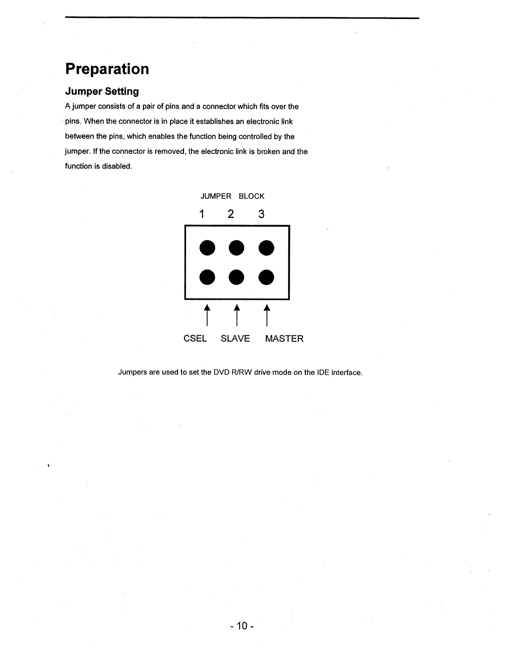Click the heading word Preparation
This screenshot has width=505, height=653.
click(107, 69)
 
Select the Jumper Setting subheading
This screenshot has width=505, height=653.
click(102, 91)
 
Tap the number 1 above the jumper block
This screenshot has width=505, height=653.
click(202, 214)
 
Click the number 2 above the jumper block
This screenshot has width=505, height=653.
click(231, 214)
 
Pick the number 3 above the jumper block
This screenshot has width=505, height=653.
click(261, 214)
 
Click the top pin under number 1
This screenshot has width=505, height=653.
click(207, 247)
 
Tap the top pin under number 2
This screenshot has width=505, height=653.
click(236, 247)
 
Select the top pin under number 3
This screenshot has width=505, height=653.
click(267, 247)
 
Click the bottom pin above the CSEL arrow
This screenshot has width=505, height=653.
click(207, 277)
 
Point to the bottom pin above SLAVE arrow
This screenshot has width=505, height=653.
click(236, 277)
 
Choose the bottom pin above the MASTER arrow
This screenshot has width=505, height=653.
click(267, 277)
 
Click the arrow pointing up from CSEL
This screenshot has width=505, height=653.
click(207, 315)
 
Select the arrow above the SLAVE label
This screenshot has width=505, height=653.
click(237, 315)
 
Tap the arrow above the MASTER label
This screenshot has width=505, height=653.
click(267, 315)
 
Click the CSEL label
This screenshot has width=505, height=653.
click(195, 338)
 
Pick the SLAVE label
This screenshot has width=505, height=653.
click(235, 338)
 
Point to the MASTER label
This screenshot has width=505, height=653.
click(284, 338)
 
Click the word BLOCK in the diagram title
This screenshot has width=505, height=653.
click(251, 196)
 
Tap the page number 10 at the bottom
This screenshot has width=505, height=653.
click(242, 626)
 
